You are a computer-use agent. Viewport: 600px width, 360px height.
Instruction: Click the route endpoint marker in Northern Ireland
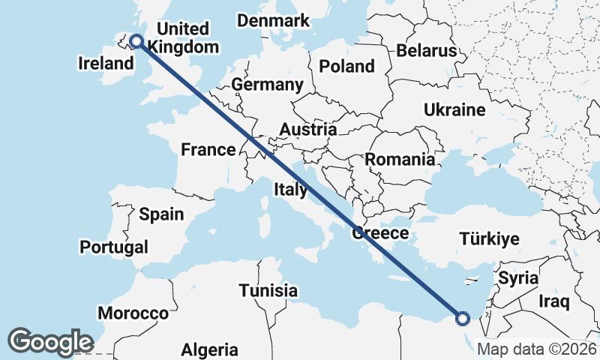tap(136, 41)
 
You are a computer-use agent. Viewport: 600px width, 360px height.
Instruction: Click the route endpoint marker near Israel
tap(463, 319)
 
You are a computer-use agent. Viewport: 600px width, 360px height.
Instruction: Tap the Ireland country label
tap(105, 64)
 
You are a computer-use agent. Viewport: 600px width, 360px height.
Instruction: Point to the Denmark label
tap(273, 20)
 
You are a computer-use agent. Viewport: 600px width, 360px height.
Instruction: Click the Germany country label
tap(267, 85)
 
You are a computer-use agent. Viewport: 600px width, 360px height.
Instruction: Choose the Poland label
tap(346, 66)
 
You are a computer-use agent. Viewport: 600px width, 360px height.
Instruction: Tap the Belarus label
tap(427, 51)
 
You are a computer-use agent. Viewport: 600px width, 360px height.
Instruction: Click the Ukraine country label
tap(454, 110)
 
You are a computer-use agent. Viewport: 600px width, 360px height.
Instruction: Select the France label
tap(208, 150)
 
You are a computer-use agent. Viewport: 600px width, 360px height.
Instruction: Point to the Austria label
tap(307, 130)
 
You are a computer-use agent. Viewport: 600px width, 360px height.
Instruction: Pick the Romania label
tap(400, 159)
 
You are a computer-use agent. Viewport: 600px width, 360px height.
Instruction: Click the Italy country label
tap(290, 189)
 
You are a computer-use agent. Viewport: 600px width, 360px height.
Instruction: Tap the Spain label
tap(161, 214)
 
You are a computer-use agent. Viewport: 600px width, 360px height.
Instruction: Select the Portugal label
tap(113, 247)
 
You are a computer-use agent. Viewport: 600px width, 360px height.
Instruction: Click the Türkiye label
tap(489, 240)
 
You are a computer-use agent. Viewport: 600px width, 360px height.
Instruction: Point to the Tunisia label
tap(268, 290)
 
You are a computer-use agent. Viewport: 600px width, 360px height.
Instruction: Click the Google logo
tap(50, 341)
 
